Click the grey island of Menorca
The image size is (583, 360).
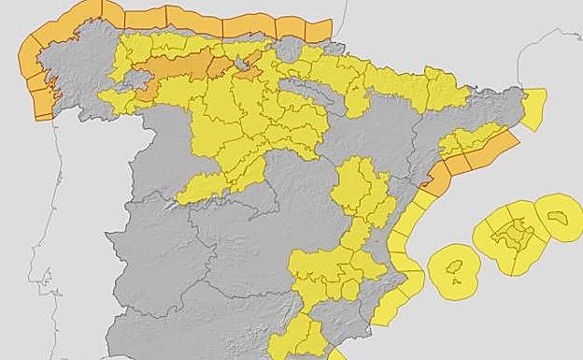[559, 217]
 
